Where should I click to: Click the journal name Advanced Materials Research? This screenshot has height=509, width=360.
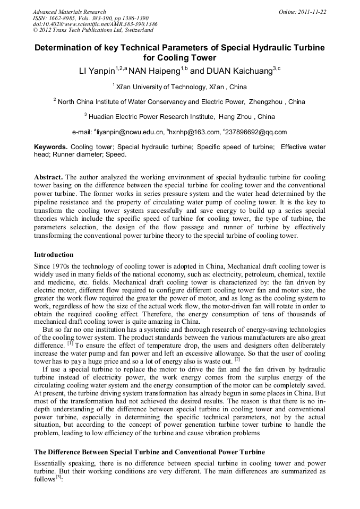coord(70,12)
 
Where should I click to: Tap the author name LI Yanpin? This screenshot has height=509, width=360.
coord(97,71)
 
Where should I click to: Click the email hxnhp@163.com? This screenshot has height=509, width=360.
coord(193,132)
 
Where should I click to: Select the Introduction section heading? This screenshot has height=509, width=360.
coord(54,255)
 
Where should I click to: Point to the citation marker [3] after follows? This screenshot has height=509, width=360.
coord(59,478)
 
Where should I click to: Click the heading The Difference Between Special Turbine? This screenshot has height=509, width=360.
coord(149,452)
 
